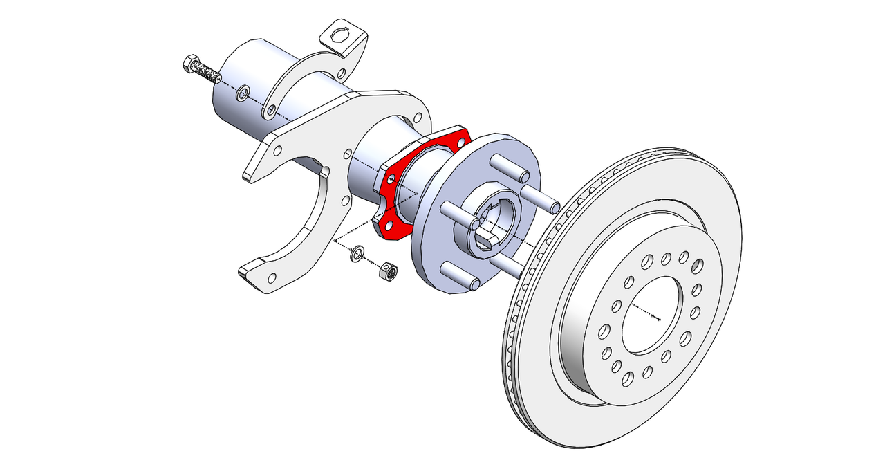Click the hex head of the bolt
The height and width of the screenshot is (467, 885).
[191, 65]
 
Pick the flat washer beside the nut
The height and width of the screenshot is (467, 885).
[358, 254]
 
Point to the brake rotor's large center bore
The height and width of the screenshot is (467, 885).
[650, 315]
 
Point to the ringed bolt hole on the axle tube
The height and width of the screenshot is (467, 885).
[243, 93]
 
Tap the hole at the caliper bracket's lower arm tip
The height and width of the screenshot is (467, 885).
[272, 277]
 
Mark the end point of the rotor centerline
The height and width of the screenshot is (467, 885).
[659, 320]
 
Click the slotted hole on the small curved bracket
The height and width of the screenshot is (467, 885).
[272, 109]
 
